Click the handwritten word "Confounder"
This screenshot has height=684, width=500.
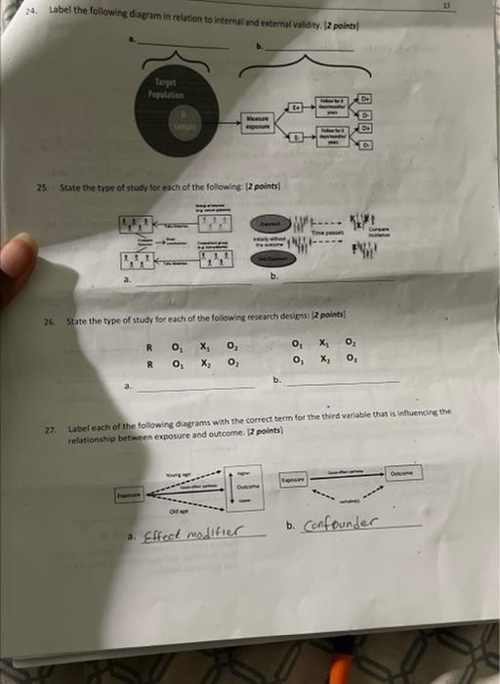pyautogui.click(x=340, y=525)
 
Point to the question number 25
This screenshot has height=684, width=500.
pyautogui.click(x=41, y=186)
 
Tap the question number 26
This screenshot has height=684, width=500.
pyautogui.click(x=49, y=321)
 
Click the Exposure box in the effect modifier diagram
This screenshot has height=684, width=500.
pyautogui.click(x=129, y=495)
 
